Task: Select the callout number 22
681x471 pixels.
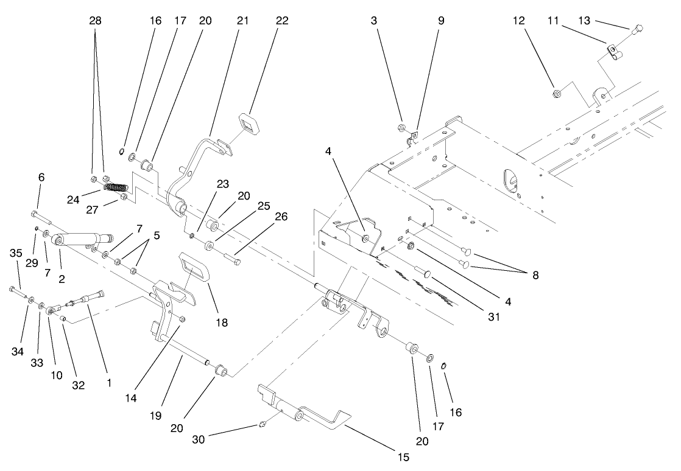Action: [281, 20]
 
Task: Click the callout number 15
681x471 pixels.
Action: [402, 456]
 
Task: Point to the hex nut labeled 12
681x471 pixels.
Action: [556, 93]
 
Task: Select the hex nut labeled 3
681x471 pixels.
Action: [403, 128]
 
